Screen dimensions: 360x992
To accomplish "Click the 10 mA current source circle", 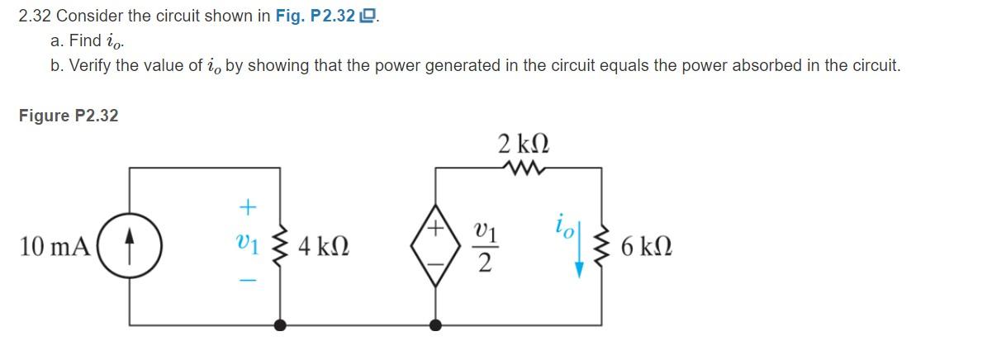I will pos(131,247).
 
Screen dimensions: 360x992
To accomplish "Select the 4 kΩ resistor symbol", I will pos(281,247).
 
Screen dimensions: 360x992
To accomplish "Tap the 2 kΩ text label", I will pos(524,142).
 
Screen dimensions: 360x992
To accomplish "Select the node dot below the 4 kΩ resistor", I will pos(281,325).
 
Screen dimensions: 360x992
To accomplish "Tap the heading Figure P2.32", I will pos(69,116).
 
